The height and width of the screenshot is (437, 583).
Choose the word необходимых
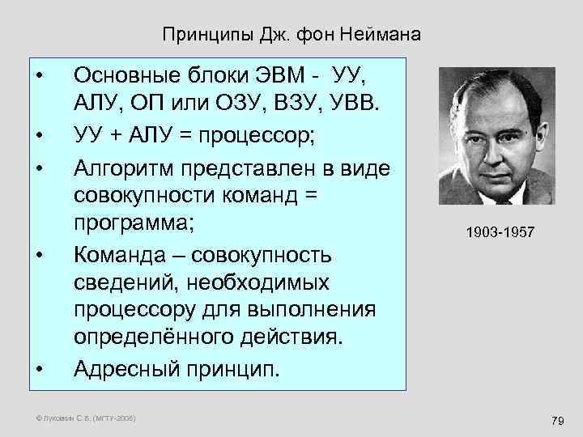tap(252, 282)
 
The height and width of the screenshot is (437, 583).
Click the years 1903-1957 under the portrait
tap(499, 232)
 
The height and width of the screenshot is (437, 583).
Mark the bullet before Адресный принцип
tap(38, 369)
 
